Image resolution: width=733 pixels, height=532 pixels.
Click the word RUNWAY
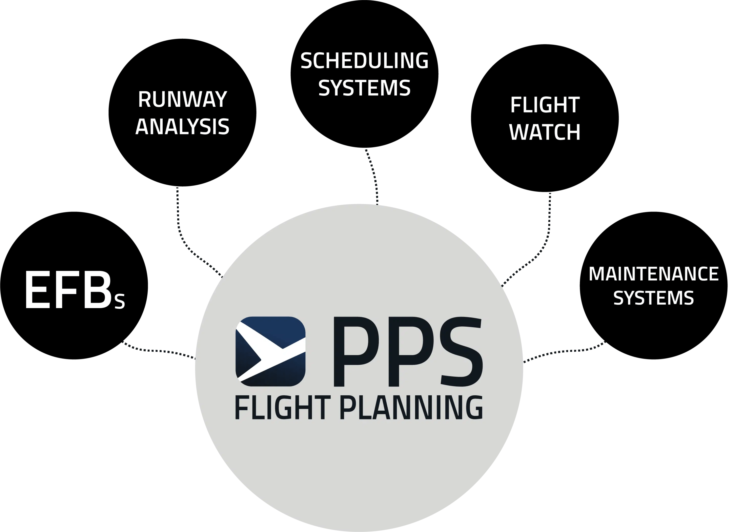point(182,99)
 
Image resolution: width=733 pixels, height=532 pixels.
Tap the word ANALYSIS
point(182,127)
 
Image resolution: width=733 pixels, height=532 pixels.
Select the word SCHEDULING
point(364,61)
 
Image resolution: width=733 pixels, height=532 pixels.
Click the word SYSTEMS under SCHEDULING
point(364,88)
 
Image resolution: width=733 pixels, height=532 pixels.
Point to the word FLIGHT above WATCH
point(545,105)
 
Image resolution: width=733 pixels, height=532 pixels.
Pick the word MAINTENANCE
point(654,274)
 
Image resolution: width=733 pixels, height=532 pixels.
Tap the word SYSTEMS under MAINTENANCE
point(654,298)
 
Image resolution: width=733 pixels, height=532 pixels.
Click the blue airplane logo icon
point(271,351)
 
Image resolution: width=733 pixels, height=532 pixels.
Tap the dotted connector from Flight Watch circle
point(548,233)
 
